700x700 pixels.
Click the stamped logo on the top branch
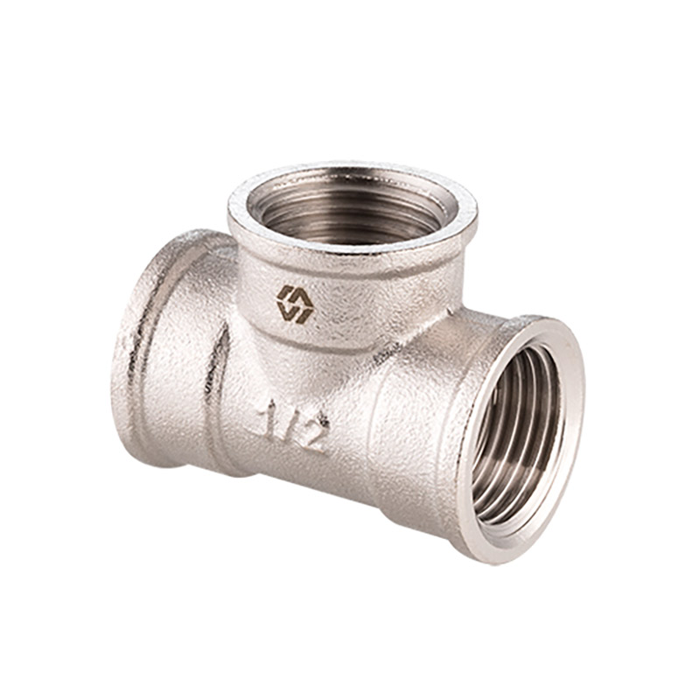point(294,304)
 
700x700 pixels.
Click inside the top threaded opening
point(353,209)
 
